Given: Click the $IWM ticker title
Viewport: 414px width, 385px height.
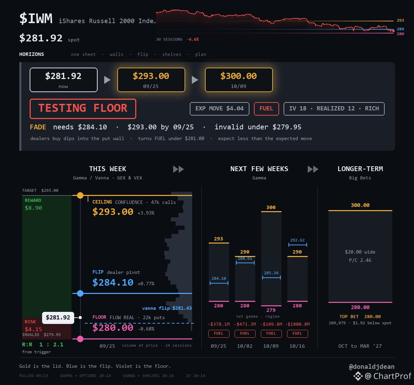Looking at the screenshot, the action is click(36, 18).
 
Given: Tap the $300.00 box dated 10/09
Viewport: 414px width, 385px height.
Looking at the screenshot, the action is click(239, 80).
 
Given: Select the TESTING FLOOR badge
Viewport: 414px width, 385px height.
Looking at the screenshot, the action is click(83, 109).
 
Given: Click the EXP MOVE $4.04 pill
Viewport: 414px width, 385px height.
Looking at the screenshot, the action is click(219, 109).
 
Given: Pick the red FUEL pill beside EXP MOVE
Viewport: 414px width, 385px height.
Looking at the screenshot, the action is click(266, 109).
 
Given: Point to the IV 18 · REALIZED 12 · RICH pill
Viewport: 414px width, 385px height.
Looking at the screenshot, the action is click(334, 109).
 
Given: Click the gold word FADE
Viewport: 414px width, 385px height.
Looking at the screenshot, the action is click(38, 127).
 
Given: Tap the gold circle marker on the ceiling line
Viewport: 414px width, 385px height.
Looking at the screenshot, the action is click(80, 195).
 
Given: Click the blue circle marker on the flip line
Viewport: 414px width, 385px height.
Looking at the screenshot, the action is click(80, 293).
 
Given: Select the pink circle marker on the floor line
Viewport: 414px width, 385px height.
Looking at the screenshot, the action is click(80, 339).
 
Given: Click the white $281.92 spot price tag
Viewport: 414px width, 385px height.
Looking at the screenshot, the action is click(58, 317).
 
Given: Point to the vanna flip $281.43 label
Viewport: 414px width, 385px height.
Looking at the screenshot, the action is click(167, 308).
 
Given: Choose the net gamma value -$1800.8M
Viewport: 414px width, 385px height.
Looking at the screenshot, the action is click(297, 324).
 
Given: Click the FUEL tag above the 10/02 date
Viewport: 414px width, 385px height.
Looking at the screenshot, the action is click(245, 333).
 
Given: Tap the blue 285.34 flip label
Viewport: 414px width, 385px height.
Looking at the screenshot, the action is click(271, 273).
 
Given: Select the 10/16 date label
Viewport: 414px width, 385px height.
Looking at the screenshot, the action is click(297, 346).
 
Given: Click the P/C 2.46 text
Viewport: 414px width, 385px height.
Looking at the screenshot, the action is click(360, 260).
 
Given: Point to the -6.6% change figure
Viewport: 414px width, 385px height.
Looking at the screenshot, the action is click(193, 39).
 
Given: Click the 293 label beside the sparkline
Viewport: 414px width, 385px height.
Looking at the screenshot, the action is click(400, 20).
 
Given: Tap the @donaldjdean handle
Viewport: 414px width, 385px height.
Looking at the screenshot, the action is click(372, 366).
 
